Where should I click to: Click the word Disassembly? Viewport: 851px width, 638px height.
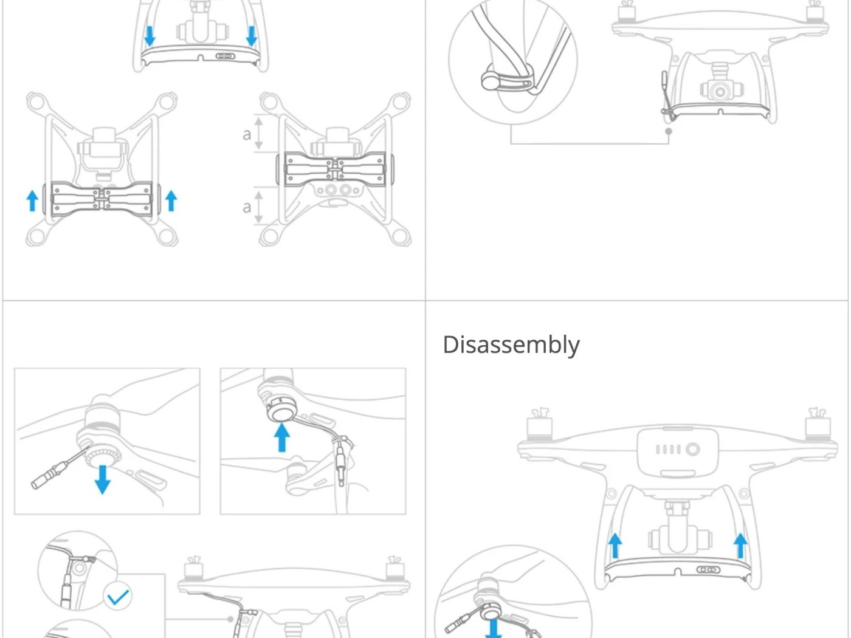click(511, 345)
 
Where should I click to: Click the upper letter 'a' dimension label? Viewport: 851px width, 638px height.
click(247, 134)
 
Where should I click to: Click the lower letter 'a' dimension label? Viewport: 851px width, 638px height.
click(247, 207)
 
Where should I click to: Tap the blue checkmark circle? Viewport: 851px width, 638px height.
click(118, 597)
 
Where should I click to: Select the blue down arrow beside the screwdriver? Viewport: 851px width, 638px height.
click(102, 479)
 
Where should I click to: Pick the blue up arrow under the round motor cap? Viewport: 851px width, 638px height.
click(281, 437)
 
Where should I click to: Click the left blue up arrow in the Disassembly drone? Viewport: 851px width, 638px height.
click(615, 545)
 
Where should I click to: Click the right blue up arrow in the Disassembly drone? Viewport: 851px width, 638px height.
click(740, 545)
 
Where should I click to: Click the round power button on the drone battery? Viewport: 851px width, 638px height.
click(693, 450)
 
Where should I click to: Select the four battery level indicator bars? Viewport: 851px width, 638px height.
click(667, 450)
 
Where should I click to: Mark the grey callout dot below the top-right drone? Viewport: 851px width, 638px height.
click(669, 131)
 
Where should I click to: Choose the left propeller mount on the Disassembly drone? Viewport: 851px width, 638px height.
click(539, 423)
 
